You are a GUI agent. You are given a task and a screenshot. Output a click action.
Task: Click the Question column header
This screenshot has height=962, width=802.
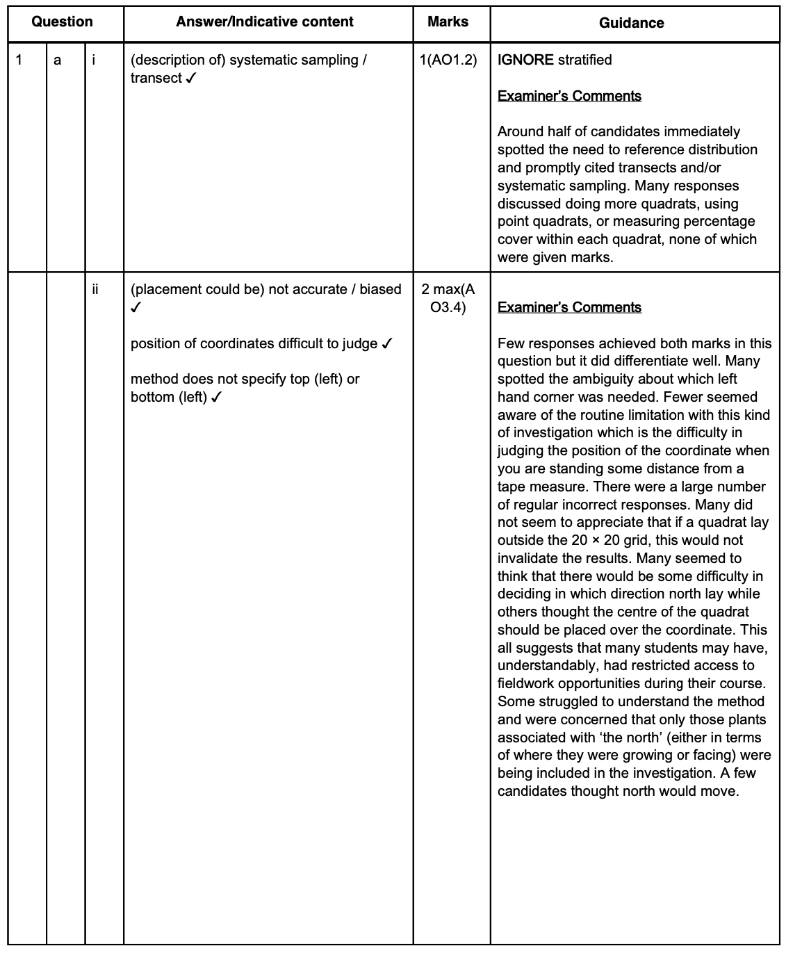tap(62, 22)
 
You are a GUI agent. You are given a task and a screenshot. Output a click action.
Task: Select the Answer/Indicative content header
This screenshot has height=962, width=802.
tap(265, 22)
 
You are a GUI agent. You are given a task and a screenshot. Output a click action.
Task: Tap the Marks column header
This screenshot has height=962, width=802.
tap(448, 22)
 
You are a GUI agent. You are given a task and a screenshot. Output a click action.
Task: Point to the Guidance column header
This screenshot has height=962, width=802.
tap(631, 23)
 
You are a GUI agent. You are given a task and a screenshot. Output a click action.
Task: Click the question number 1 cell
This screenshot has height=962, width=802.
tap(19, 60)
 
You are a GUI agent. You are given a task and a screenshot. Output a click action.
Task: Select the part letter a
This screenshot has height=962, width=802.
tap(58, 60)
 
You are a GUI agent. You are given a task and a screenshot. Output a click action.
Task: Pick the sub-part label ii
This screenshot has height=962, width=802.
tap(95, 289)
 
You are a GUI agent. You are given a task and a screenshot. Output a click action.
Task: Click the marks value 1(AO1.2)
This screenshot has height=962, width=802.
tap(448, 60)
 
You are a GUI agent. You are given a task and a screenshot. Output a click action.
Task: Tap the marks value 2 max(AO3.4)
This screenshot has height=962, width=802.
tap(448, 298)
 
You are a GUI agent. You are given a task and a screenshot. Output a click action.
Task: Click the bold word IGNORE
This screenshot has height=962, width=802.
tap(525, 60)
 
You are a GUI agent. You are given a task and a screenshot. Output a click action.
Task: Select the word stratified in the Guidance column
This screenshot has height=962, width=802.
tap(584, 60)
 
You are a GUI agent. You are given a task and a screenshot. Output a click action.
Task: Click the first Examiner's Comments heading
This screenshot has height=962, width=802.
tap(569, 96)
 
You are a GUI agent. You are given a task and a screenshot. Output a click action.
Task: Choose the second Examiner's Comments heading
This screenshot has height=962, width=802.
tap(569, 307)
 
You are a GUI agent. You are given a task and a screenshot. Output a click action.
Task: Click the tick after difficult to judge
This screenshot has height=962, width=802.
tap(388, 344)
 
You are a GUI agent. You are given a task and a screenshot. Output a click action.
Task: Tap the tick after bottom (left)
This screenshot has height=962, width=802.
tap(216, 398)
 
